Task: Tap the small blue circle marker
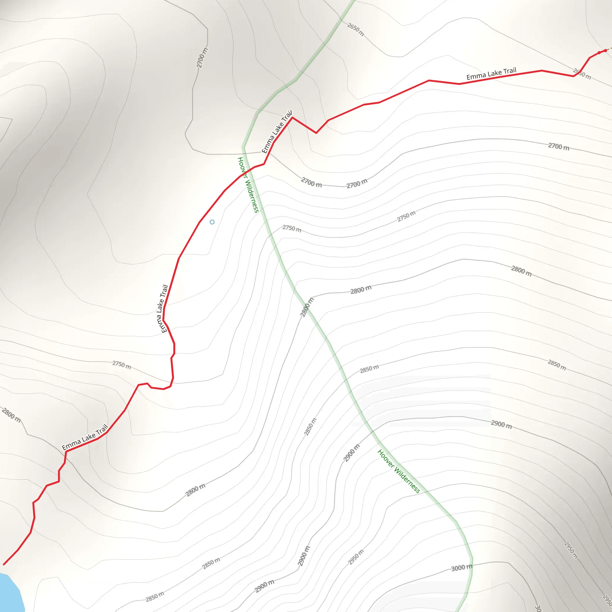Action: [212, 222]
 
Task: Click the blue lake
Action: [10, 592]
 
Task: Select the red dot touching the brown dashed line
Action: [605, 51]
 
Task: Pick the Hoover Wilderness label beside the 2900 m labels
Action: [399, 471]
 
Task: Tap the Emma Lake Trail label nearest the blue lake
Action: [85, 437]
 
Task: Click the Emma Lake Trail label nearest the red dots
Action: [491, 74]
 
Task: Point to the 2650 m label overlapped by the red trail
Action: [582, 74]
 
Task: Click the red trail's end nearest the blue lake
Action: [4, 564]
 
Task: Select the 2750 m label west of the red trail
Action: [122, 365]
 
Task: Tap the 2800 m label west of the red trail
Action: [11, 415]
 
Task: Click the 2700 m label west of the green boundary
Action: [202, 58]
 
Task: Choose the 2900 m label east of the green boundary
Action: [501, 424]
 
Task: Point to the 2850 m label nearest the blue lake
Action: [155, 596]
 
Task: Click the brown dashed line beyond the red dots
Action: [610, 49]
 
